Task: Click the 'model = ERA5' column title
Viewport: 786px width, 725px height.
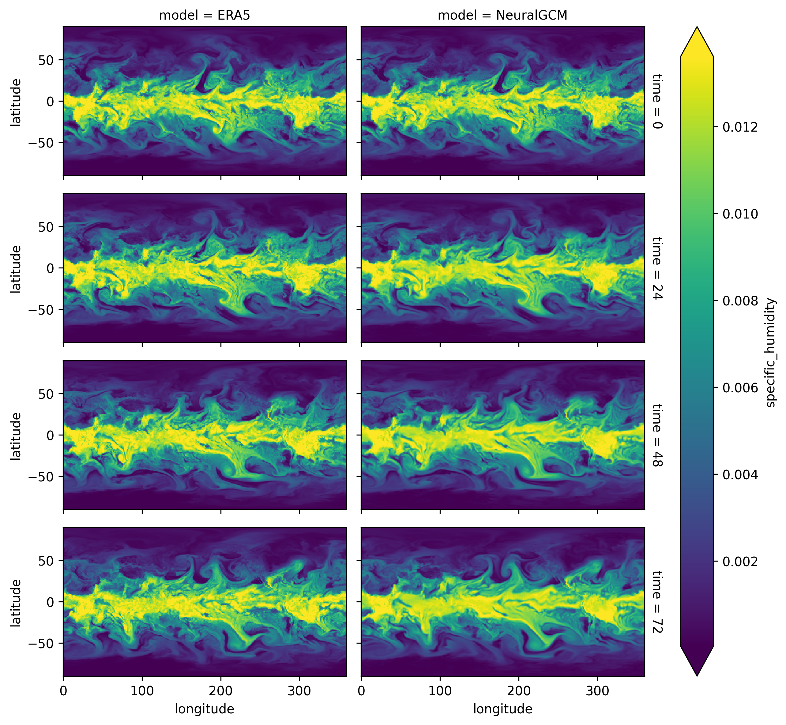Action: click(x=204, y=15)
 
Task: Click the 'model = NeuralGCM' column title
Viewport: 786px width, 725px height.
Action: click(x=502, y=15)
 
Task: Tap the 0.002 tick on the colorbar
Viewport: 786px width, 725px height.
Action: click(x=740, y=561)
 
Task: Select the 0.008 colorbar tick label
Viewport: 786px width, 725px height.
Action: click(x=740, y=301)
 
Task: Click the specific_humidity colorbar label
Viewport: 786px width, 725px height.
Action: click(x=771, y=352)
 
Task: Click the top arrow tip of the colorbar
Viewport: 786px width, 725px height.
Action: click(x=697, y=28)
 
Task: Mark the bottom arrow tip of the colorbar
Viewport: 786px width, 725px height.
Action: click(x=697, y=675)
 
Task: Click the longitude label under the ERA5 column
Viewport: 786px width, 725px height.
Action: click(x=204, y=708)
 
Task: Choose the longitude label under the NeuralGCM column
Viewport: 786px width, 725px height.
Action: click(x=502, y=708)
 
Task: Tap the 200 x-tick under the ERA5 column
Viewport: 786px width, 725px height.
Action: click(x=221, y=691)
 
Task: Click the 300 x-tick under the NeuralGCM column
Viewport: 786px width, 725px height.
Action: click(x=597, y=691)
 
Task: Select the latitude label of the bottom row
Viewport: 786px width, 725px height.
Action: click(x=16, y=603)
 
